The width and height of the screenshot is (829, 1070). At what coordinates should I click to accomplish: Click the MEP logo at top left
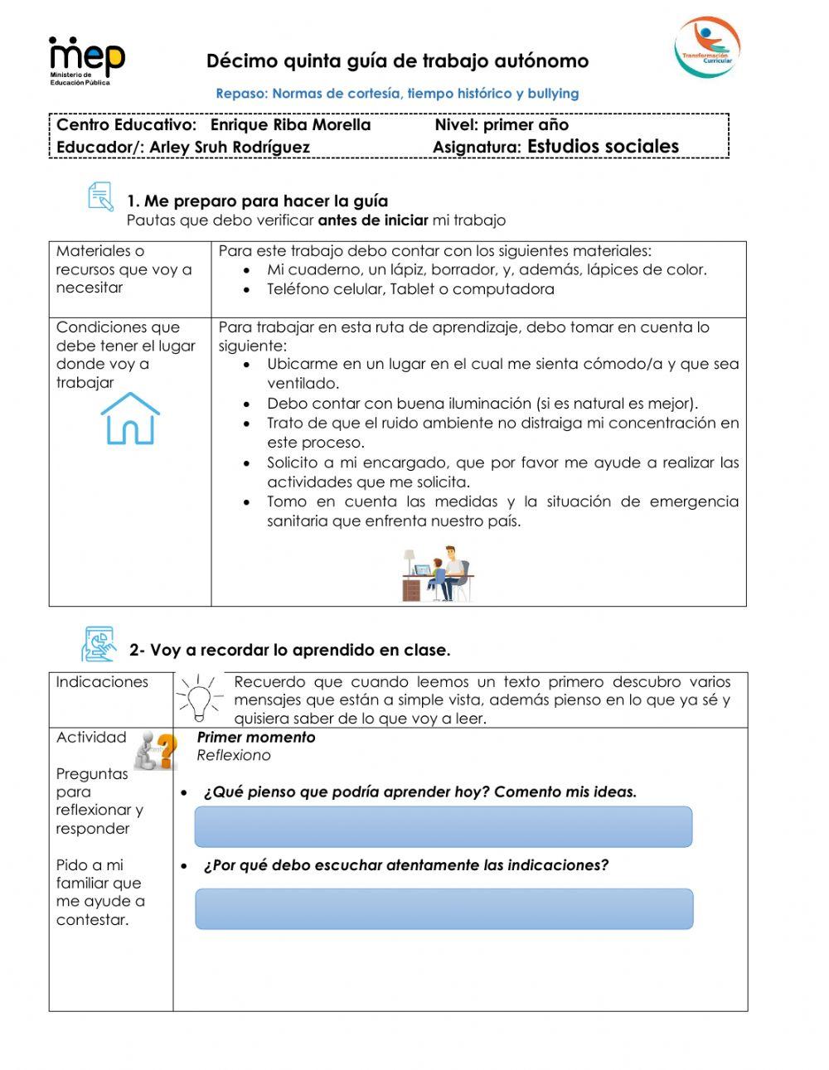pyautogui.click(x=86, y=60)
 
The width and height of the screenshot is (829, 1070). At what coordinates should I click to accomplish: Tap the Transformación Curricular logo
pyautogui.click(x=706, y=47)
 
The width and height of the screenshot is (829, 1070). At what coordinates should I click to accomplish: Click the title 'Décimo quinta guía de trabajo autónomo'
pyautogui.click(x=397, y=61)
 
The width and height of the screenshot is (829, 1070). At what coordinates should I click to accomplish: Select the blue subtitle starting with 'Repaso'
pyautogui.click(x=397, y=94)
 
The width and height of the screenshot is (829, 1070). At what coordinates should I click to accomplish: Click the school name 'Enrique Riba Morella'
pyautogui.click(x=290, y=125)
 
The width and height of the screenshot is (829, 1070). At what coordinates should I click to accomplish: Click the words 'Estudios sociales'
pyautogui.click(x=603, y=147)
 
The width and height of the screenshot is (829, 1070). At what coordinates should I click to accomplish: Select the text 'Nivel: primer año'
pyautogui.click(x=502, y=125)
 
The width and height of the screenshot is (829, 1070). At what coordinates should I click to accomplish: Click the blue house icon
pyautogui.click(x=130, y=419)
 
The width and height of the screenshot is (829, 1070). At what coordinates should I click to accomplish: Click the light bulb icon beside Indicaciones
pyautogui.click(x=199, y=698)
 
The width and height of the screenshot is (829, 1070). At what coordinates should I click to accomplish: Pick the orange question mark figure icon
pyautogui.click(x=157, y=750)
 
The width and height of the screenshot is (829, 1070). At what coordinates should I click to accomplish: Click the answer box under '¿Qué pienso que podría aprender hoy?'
pyautogui.click(x=443, y=826)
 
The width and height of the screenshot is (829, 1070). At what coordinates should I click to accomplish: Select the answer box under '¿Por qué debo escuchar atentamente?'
pyautogui.click(x=444, y=908)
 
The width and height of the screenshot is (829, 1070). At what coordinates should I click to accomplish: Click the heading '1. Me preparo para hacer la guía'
pyautogui.click(x=257, y=201)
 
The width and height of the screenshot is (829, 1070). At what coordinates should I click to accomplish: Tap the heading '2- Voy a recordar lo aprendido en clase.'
pyautogui.click(x=289, y=650)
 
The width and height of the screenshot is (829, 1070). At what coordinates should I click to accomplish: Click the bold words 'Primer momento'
pyautogui.click(x=255, y=737)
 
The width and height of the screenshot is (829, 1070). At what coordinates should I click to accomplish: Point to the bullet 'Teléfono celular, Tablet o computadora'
pyautogui.click(x=410, y=289)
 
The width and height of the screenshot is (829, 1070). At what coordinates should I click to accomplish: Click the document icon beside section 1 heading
pyautogui.click(x=100, y=197)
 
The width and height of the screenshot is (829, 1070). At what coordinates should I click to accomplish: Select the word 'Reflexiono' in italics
pyautogui.click(x=234, y=755)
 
